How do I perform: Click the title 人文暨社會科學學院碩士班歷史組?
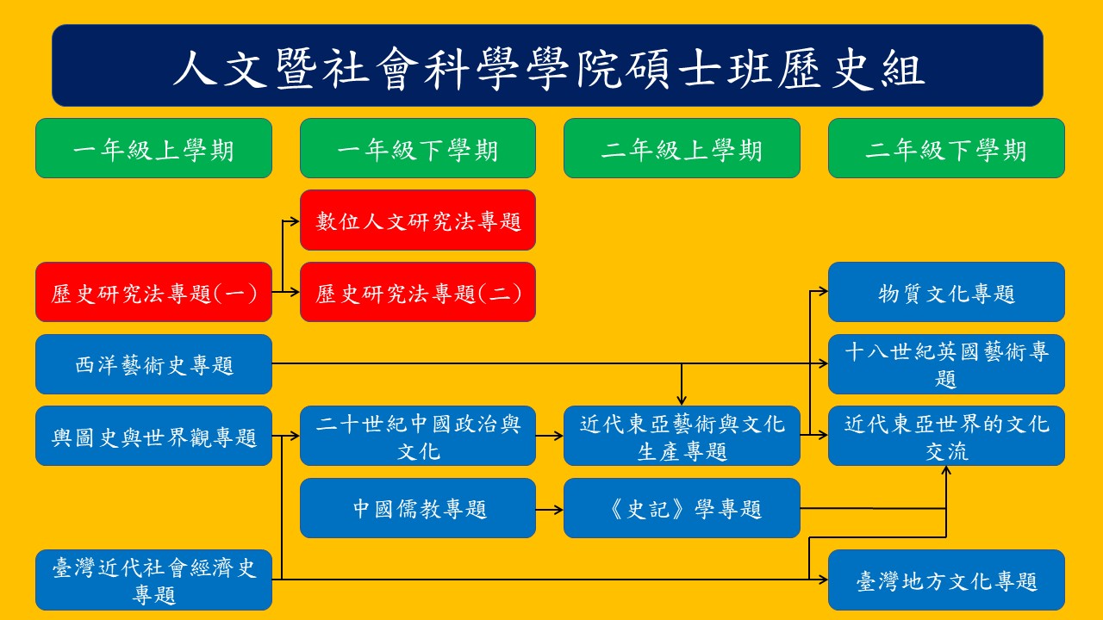[x=547, y=65]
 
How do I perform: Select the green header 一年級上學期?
[x=153, y=148]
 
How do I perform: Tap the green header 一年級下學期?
[x=418, y=148]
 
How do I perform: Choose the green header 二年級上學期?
[x=682, y=148]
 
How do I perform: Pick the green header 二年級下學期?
[x=946, y=148]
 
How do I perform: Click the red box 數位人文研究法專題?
[x=418, y=220]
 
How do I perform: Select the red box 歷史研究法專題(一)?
[x=153, y=293]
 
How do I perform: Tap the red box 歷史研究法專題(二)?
[x=418, y=293]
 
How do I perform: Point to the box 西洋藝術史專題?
[x=153, y=364]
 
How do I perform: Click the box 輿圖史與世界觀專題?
[x=153, y=436]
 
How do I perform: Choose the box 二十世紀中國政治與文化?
[x=418, y=436]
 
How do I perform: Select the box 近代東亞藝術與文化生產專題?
[x=682, y=436]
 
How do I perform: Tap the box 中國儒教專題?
[x=418, y=508]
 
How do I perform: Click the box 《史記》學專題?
[x=682, y=508]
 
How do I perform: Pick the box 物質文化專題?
[x=946, y=293]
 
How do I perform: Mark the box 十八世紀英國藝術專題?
[x=946, y=364]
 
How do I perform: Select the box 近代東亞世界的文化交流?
[x=946, y=436]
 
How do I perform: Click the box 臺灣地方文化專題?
[x=946, y=580]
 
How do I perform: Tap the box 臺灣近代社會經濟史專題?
[x=153, y=580]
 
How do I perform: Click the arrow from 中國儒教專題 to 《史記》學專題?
[x=549, y=509]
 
